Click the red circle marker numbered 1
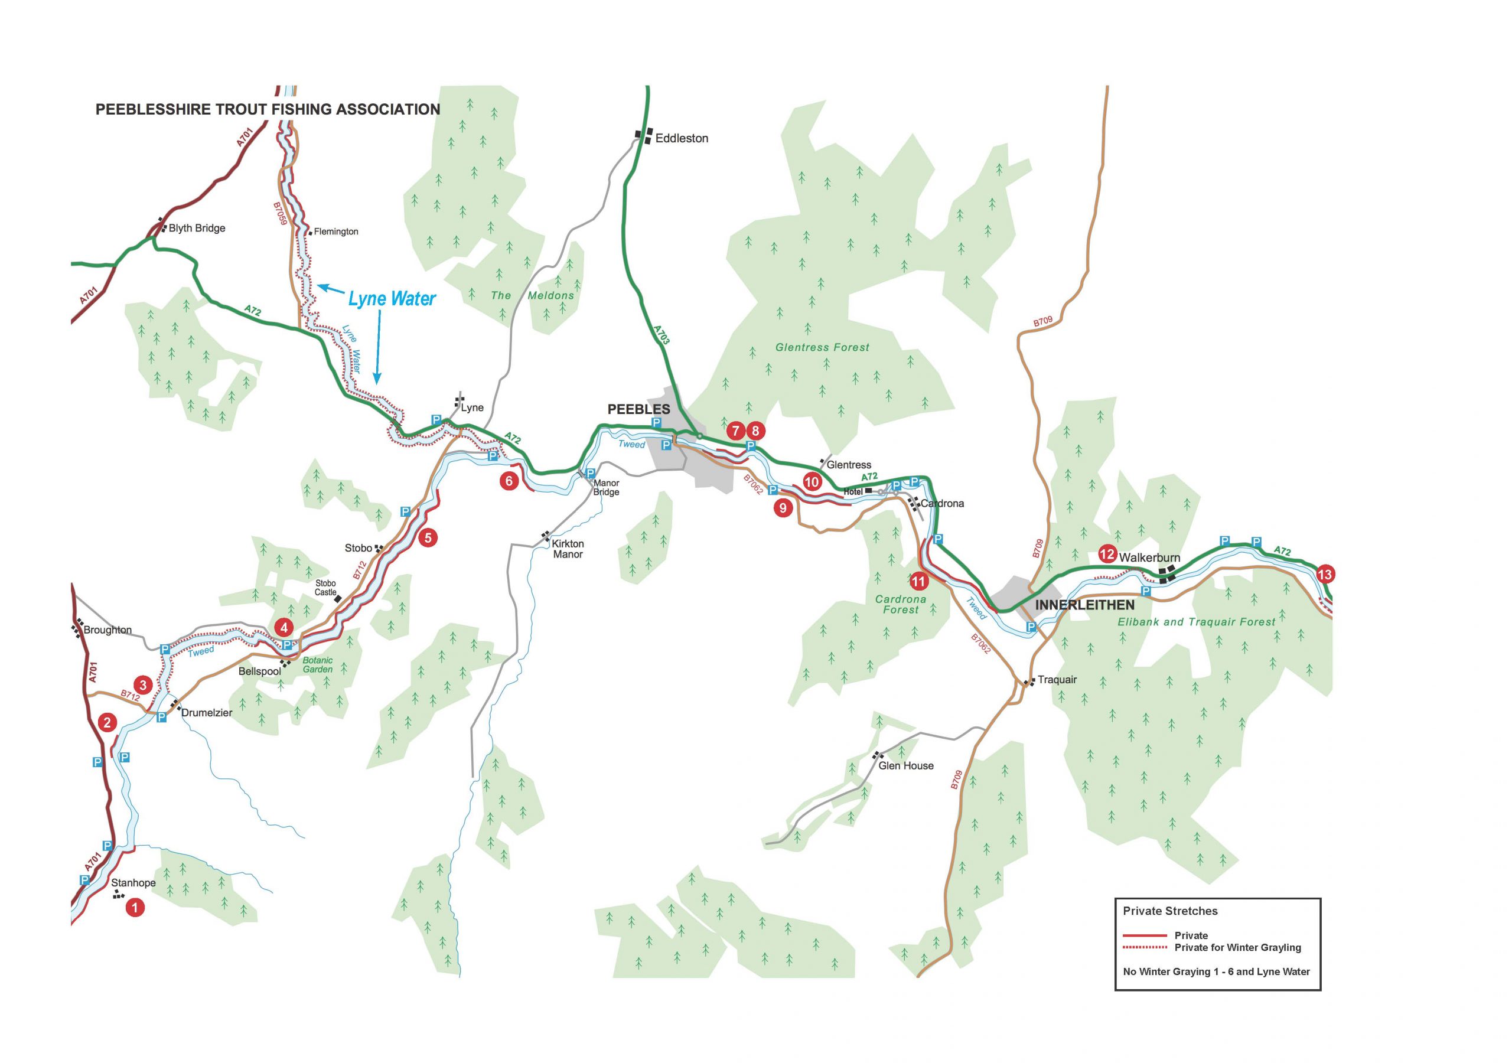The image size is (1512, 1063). pyautogui.click(x=135, y=908)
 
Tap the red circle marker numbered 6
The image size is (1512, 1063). pyautogui.click(x=509, y=481)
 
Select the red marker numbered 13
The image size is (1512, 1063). pyautogui.click(x=1325, y=574)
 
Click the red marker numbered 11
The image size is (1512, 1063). pyautogui.click(x=918, y=582)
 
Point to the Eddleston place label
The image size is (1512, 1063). pyautogui.click(x=681, y=138)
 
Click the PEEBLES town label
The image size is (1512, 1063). pyautogui.click(x=638, y=409)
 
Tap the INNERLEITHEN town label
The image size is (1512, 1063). pyautogui.click(x=1084, y=605)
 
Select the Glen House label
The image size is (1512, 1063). pyautogui.click(x=905, y=765)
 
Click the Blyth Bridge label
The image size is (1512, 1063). pyautogui.click(x=196, y=228)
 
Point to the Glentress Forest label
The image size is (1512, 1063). pyautogui.click(x=822, y=347)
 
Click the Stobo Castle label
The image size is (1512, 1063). pyautogui.click(x=325, y=588)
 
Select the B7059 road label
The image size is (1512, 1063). pyautogui.click(x=280, y=214)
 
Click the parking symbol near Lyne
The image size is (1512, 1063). pyautogui.click(x=436, y=419)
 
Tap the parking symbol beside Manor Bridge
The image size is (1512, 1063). pyautogui.click(x=590, y=474)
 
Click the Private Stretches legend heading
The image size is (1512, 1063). pyautogui.click(x=1169, y=911)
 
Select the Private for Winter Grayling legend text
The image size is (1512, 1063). pyautogui.click(x=1237, y=947)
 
